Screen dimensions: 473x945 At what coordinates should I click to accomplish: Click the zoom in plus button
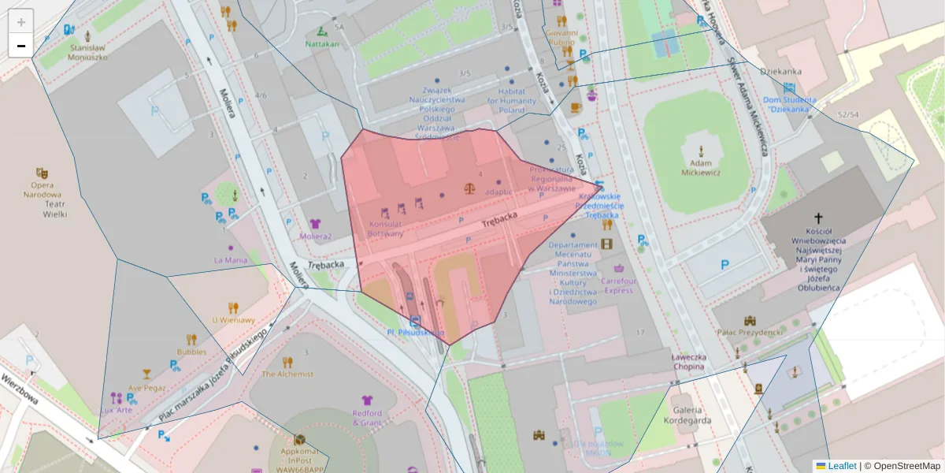click(21, 21)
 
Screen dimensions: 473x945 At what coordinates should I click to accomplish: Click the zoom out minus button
click(21, 46)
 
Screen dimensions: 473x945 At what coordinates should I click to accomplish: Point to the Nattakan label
click(322, 44)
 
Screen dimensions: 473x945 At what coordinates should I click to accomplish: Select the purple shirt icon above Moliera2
click(316, 225)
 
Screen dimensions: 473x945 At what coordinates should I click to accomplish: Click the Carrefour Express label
click(618, 285)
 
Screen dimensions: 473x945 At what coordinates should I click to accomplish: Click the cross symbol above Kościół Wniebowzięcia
click(818, 218)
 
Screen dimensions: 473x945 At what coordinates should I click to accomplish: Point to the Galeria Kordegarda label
click(687, 415)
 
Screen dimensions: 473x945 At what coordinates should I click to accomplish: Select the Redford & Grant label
click(367, 418)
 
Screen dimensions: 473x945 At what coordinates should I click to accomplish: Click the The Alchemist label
click(287, 374)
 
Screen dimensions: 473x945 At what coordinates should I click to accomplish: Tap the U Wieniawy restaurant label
click(233, 320)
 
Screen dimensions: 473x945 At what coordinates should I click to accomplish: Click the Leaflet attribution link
click(842, 466)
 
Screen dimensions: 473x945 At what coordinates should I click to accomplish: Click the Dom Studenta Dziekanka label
click(790, 105)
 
